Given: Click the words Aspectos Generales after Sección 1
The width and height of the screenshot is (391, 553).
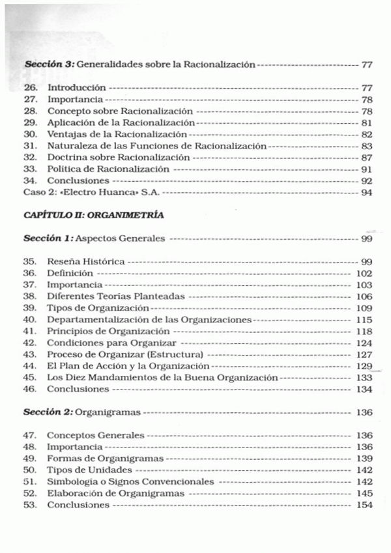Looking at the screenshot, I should [124, 239].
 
